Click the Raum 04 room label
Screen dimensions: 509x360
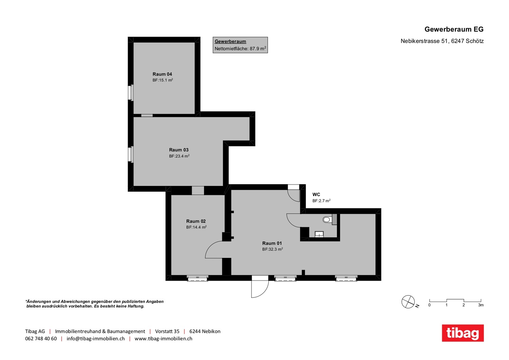[162, 74]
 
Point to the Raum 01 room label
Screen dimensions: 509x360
[272, 243]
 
